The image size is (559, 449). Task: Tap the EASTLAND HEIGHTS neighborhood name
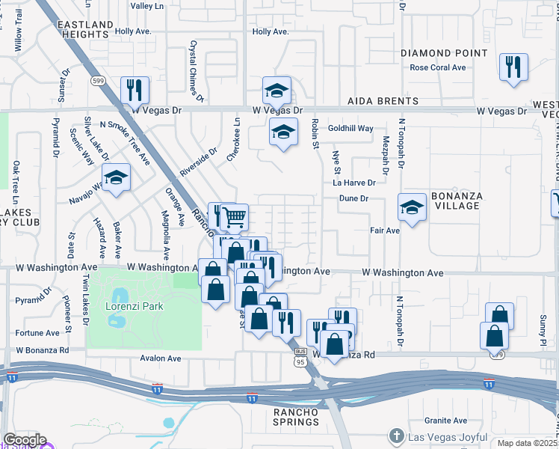coord(84,30)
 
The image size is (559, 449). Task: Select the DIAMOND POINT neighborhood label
coord(444,53)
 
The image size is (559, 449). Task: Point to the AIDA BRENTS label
coord(383,101)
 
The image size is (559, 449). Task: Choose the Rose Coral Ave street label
coord(437,67)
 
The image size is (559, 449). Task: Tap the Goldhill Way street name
coord(350,129)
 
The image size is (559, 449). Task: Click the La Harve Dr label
coord(353,183)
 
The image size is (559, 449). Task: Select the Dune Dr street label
coord(353,198)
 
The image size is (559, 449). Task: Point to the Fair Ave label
coord(385,230)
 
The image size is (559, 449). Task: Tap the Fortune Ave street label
coord(37,333)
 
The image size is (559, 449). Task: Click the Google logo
coord(24,440)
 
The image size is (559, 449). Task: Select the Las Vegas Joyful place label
coord(445,436)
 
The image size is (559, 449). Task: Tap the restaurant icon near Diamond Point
coord(513,67)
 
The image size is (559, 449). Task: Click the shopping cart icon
coord(235,217)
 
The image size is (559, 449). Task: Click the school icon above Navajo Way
coord(116,177)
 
